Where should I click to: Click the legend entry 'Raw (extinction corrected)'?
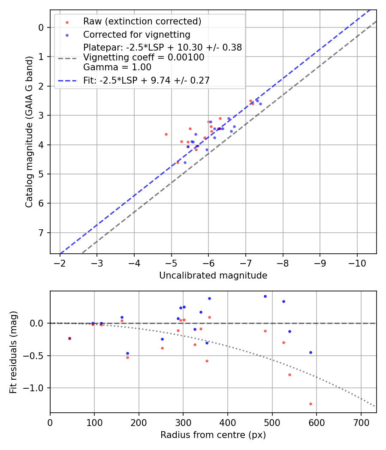[x=142, y=21]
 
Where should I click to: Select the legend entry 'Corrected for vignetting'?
[x=136, y=34]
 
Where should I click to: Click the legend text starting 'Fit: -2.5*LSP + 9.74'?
[x=146, y=80]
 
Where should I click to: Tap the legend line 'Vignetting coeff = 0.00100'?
[x=144, y=57]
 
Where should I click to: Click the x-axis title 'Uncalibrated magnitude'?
[x=213, y=276]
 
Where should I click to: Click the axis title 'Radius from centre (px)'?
[x=213, y=435]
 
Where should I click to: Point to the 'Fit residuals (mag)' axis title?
[x=13, y=352]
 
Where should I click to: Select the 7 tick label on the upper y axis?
[x=42, y=233]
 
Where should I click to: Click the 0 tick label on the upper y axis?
[x=42, y=27]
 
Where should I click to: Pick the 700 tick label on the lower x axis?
[x=361, y=423]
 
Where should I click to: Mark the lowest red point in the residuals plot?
[x=311, y=404]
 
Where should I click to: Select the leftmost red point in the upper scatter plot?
[x=166, y=134]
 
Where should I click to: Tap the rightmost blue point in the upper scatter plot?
[x=260, y=104]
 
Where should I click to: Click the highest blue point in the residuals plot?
[x=265, y=296]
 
